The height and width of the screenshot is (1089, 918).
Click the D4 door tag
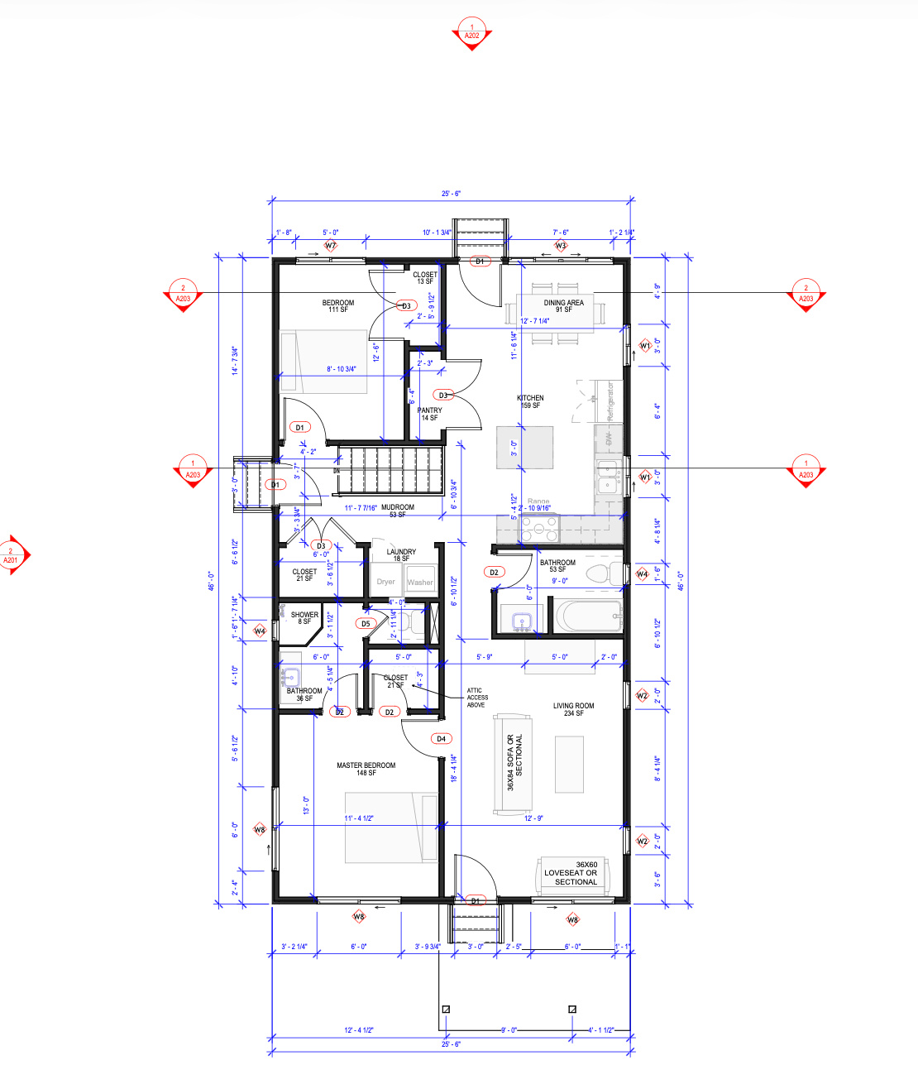441,738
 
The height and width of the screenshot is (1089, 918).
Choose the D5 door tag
366,624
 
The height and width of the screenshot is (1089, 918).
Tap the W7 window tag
331,246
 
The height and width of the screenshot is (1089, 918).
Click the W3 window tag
561,246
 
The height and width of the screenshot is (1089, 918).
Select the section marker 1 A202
471,33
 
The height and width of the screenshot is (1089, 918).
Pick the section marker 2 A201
12,555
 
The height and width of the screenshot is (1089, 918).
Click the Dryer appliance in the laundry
385,582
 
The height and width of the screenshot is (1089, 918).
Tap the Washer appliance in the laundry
419,582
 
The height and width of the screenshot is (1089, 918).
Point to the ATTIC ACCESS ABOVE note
477,698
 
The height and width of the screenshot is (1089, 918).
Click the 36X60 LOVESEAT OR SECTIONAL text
576,873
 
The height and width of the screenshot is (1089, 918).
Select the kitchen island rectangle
524,447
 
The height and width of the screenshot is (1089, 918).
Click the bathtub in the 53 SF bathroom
588,616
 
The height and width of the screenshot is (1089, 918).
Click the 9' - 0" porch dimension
509,1030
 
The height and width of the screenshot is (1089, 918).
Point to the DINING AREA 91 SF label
563,305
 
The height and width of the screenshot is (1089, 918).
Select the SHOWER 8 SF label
304,617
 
